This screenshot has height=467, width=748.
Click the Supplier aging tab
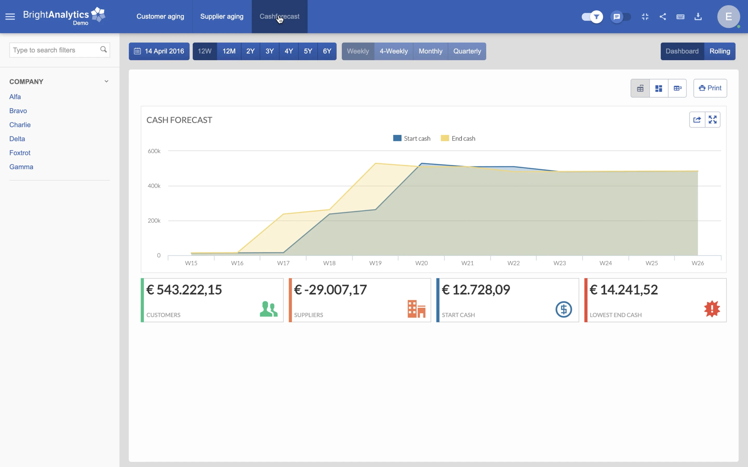point(222,16)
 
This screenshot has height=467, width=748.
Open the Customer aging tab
point(160,16)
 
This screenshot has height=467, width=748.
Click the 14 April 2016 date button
point(159,51)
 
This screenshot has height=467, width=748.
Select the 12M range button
point(229,51)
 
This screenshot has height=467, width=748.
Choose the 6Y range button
point(327,51)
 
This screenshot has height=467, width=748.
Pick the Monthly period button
point(430,51)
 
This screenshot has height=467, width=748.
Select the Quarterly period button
point(467,51)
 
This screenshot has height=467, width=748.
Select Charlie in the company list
point(20,125)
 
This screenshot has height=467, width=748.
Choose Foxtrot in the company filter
point(20,153)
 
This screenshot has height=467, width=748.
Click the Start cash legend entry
point(412,138)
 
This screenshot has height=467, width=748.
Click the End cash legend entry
point(458,138)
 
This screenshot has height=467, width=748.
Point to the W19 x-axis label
point(375,263)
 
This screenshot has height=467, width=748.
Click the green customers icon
point(268,309)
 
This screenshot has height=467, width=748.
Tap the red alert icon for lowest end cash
point(712,309)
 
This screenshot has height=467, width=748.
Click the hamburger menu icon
point(10,16)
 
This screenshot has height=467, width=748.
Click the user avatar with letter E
point(728,16)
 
